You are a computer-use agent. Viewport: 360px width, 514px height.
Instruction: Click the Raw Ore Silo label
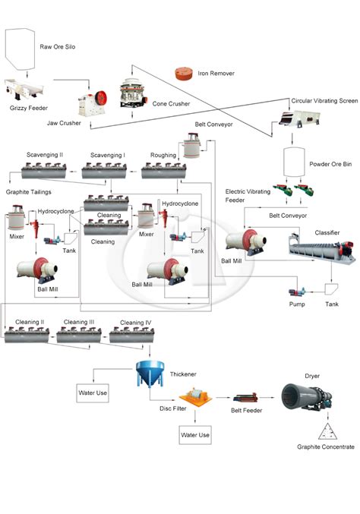(x=57, y=47)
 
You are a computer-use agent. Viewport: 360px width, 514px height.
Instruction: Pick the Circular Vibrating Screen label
(x=324, y=100)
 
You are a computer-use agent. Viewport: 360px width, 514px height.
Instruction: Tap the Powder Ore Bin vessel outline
(x=294, y=162)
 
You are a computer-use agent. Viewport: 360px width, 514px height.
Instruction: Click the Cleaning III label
(x=80, y=322)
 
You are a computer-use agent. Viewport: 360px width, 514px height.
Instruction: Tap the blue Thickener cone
(x=146, y=373)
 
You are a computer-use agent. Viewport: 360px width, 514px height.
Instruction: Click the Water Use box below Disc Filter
(x=194, y=436)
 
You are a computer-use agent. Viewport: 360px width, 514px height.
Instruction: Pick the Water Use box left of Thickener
(x=92, y=393)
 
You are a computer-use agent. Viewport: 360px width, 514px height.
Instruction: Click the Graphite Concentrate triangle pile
(x=325, y=432)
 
